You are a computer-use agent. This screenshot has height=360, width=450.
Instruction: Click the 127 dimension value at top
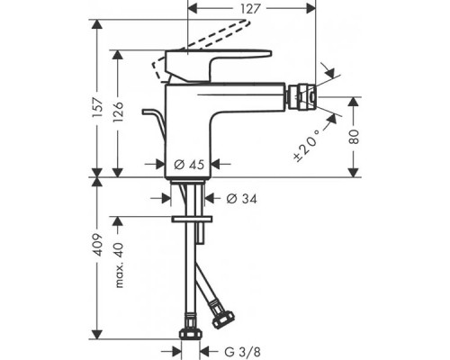(250, 9)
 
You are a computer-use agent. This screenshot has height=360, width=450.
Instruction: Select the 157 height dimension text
(98, 107)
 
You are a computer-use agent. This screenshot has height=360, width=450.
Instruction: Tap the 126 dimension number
(118, 112)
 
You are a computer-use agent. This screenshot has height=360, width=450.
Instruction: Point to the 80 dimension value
(354, 137)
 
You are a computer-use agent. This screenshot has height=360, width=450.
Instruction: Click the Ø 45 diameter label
(189, 165)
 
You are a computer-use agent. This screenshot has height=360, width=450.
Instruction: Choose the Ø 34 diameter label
(241, 199)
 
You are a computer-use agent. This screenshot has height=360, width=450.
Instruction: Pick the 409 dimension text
(98, 245)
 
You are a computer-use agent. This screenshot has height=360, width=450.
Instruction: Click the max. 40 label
(119, 265)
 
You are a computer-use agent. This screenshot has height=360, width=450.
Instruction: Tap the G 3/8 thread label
(243, 351)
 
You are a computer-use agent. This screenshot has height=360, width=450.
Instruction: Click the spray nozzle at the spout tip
(301, 97)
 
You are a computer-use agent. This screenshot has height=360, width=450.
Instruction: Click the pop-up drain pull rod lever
(155, 123)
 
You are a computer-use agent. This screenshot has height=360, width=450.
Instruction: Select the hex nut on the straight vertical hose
(190, 334)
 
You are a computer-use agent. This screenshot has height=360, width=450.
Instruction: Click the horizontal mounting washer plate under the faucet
(192, 219)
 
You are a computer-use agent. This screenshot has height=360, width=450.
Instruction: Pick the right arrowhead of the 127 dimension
(311, 9)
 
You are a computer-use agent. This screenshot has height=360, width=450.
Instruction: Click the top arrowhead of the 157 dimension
(97, 24)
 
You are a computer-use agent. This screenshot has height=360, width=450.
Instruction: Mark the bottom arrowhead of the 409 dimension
(97, 334)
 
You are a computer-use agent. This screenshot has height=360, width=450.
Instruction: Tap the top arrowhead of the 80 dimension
(354, 102)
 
